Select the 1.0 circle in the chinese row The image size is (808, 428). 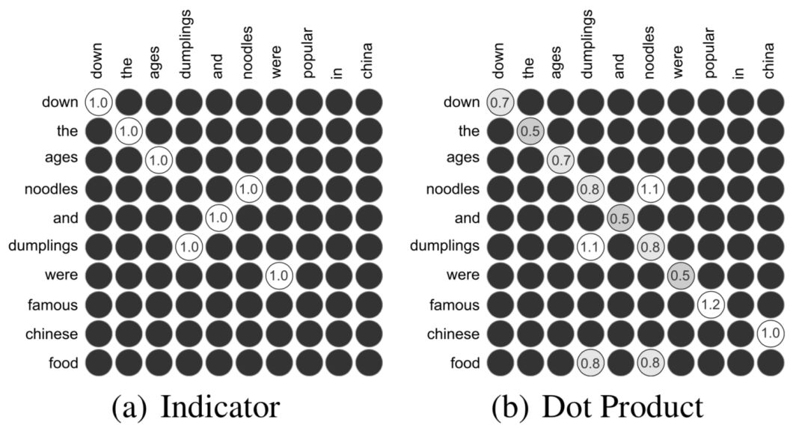(770, 334)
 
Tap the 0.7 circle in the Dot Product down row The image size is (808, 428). (501, 102)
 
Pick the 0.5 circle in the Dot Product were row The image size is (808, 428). (680, 275)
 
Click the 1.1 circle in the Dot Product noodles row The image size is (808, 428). (650, 189)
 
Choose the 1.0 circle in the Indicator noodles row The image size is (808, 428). (248, 189)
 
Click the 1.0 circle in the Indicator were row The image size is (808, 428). (278, 275)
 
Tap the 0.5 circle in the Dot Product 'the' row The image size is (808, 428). (530, 131)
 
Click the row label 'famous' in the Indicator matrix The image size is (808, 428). (53, 305)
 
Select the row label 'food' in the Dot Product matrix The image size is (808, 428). (463, 363)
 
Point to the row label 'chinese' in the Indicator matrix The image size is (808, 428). (51, 334)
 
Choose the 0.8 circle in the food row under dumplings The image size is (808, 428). (590, 363)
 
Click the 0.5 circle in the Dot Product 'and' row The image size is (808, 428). (620, 218)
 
